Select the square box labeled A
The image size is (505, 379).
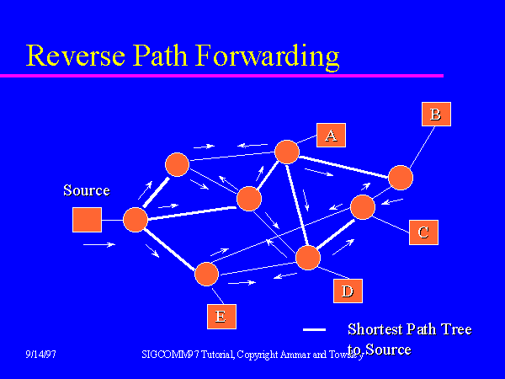coord(331,135)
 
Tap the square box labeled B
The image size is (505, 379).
coord(435,114)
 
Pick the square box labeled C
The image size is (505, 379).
coord(423,232)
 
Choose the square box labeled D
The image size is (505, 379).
coord(347,291)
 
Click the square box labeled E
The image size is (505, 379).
coord(221,316)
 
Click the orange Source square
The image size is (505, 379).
coord(87,220)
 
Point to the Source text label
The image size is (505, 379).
coord(87,190)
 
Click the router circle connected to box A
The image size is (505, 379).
coord(287,152)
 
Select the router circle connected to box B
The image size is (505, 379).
coord(401,178)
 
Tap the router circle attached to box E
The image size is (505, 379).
coord(206,274)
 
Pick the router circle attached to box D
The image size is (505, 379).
coord(309,258)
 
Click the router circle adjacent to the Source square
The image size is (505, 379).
coord(136,220)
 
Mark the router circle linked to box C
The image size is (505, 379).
coord(363,207)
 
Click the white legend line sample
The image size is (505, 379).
coord(314,329)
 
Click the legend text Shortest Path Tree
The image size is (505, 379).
coord(409,329)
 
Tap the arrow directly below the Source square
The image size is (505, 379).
coord(98,245)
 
